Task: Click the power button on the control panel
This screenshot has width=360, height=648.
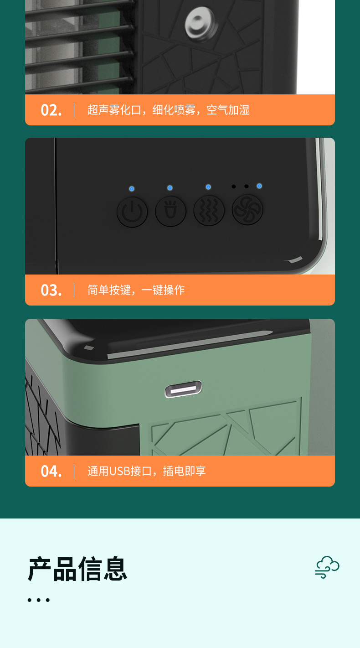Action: click(x=132, y=212)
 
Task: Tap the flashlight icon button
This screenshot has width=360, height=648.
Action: click(x=170, y=211)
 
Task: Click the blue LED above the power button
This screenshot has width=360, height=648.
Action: click(x=132, y=189)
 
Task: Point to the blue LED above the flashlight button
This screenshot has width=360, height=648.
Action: click(x=170, y=188)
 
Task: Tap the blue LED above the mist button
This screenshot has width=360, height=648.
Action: click(x=208, y=187)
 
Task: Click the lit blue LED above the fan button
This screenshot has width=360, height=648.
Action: click(x=259, y=186)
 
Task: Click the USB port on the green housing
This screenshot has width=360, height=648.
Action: click(x=183, y=389)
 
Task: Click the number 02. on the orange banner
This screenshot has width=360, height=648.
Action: click(x=51, y=110)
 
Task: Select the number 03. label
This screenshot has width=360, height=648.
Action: click(x=51, y=290)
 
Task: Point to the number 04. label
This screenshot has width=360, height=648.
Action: click(x=51, y=471)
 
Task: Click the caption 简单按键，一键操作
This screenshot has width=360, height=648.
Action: click(x=136, y=290)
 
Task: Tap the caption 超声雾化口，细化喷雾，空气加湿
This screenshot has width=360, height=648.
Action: click(x=168, y=110)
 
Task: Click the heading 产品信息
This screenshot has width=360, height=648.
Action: click(x=77, y=569)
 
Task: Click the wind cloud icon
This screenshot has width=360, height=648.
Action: click(x=327, y=567)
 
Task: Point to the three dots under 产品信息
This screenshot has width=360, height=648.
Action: click(x=38, y=600)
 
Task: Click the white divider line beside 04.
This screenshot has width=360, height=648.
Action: click(x=74, y=471)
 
